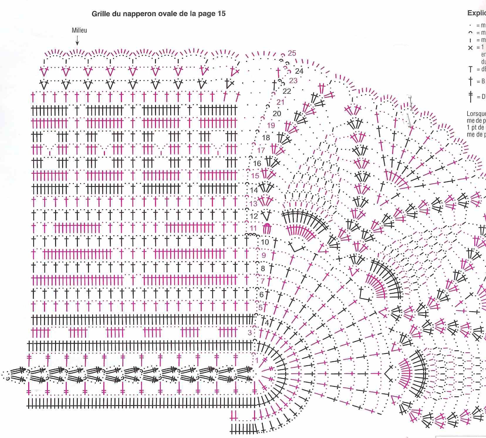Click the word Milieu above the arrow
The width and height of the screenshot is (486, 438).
[x=79, y=30]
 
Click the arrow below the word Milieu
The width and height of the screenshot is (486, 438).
[x=77, y=40]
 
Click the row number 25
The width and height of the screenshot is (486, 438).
[x=292, y=53]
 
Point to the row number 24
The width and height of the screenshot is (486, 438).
[x=299, y=71]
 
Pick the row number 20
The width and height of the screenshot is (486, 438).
[x=277, y=114]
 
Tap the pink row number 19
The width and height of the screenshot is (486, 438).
[x=271, y=125]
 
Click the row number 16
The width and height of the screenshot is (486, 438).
[x=257, y=163]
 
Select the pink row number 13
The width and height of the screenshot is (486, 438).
[x=253, y=204]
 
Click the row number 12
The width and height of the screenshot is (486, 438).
[x=254, y=216]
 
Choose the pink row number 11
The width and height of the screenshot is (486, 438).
[x=253, y=228]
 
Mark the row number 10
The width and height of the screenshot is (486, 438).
[x=265, y=242]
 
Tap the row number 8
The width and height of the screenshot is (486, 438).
[x=263, y=268]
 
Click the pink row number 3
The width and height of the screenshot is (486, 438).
[x=250, y=333]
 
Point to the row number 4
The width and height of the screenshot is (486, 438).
[x=267, y=323]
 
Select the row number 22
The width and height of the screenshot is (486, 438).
[x=287, y=91]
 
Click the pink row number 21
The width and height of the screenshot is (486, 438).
[x=280, y=102]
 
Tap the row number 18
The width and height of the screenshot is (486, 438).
[x=266, y=138]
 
